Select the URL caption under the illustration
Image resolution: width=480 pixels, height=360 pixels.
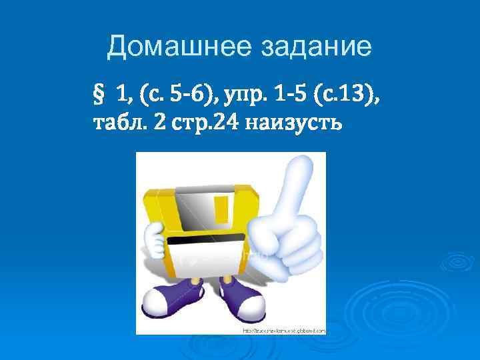283,330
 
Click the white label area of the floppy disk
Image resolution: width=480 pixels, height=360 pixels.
207,263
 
